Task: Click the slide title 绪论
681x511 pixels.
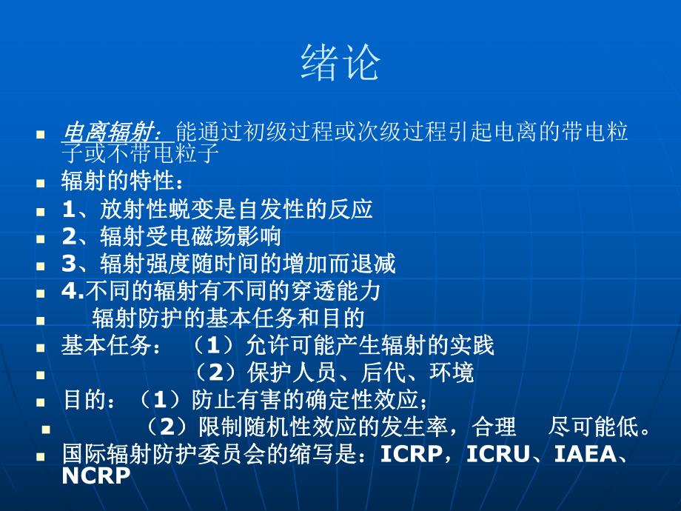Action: click(x=340, y=62)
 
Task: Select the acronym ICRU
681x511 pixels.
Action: click(x=498, y=454)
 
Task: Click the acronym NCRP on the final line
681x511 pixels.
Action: click(x=96, y=475)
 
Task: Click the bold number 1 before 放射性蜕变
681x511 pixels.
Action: click(x=68, y=209)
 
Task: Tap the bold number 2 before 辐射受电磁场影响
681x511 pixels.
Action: click(x=69, y=236)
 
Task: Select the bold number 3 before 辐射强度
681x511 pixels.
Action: click(x=69, y=263)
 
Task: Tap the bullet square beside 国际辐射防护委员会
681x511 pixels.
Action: click(x=41, y=455)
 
